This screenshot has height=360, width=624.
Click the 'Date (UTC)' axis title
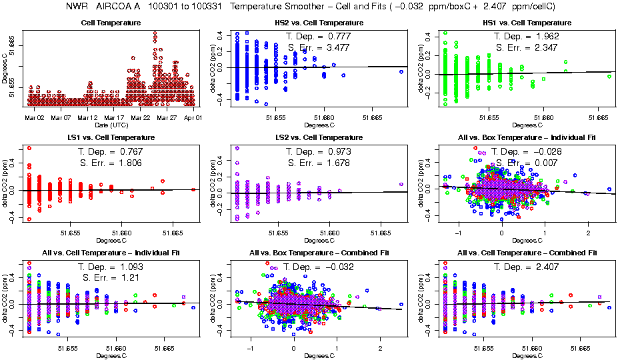[111, 125]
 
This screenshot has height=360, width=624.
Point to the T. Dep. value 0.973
[338, 151]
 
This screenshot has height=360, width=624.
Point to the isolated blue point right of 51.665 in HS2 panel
[401, 72]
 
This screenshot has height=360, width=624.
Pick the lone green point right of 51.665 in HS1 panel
[609, 76]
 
